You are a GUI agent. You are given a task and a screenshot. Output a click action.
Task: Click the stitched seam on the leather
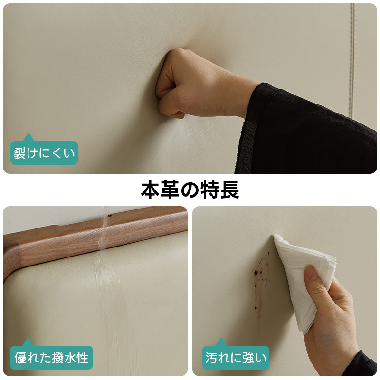(352, 61)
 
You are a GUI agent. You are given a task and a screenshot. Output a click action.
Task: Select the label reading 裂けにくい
(44, 153)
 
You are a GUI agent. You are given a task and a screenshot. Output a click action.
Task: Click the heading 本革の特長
(190, 190)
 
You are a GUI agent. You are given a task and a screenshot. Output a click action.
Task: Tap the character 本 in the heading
(150, 190)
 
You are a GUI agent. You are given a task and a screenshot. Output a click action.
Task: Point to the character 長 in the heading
(230, 190)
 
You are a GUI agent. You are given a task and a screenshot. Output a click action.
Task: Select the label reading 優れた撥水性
(51, 358)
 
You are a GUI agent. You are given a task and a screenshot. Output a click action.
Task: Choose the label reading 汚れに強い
(236, 358)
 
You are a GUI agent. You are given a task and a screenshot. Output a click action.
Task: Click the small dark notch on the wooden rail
(110, 215)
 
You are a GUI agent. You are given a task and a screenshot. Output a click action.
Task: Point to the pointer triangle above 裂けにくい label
(28, 137)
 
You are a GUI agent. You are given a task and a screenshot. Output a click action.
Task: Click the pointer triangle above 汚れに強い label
(221, 342)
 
